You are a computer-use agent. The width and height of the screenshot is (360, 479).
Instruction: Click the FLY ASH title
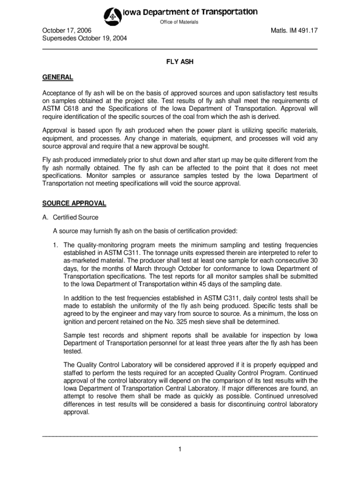pos(180,61)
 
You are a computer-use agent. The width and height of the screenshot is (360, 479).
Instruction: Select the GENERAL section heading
pos(58,77)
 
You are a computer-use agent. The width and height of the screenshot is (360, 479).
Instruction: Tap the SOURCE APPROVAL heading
pos(74,203)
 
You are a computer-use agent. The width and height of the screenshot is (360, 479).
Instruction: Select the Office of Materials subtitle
pos(180,22)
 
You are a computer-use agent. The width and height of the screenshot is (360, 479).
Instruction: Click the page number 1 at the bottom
pos(180,450)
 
